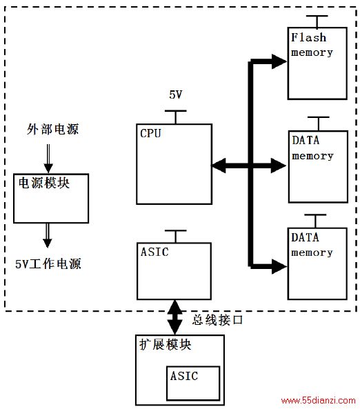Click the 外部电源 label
point(52,129)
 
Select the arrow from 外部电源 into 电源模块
point(48,159)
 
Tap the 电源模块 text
point(44,183)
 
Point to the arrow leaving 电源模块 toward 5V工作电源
point(47,235)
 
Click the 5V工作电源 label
point(48,264)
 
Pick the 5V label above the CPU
point(176,94)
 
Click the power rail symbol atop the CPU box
point(176,117)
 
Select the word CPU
point(150,133)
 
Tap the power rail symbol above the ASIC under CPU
point(176,237)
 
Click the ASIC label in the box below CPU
point(154,252)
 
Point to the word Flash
point(309,37)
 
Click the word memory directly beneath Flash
point(312,52)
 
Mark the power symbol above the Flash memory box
point(317,21)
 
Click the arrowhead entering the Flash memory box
point(279,62)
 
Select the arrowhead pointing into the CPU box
point(219,166)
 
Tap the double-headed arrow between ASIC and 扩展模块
point(174,317)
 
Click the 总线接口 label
point(217,320)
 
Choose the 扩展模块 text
point(166,345)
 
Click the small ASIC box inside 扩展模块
point(193,383)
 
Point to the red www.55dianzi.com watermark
point(318,400)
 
